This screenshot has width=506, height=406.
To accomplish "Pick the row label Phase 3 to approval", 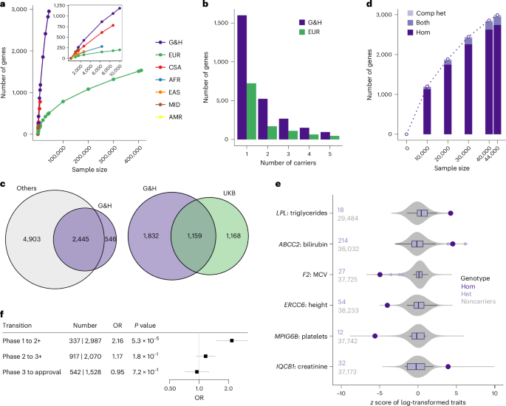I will point(32,371).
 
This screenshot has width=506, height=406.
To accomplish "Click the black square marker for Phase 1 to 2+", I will point(232,340).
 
